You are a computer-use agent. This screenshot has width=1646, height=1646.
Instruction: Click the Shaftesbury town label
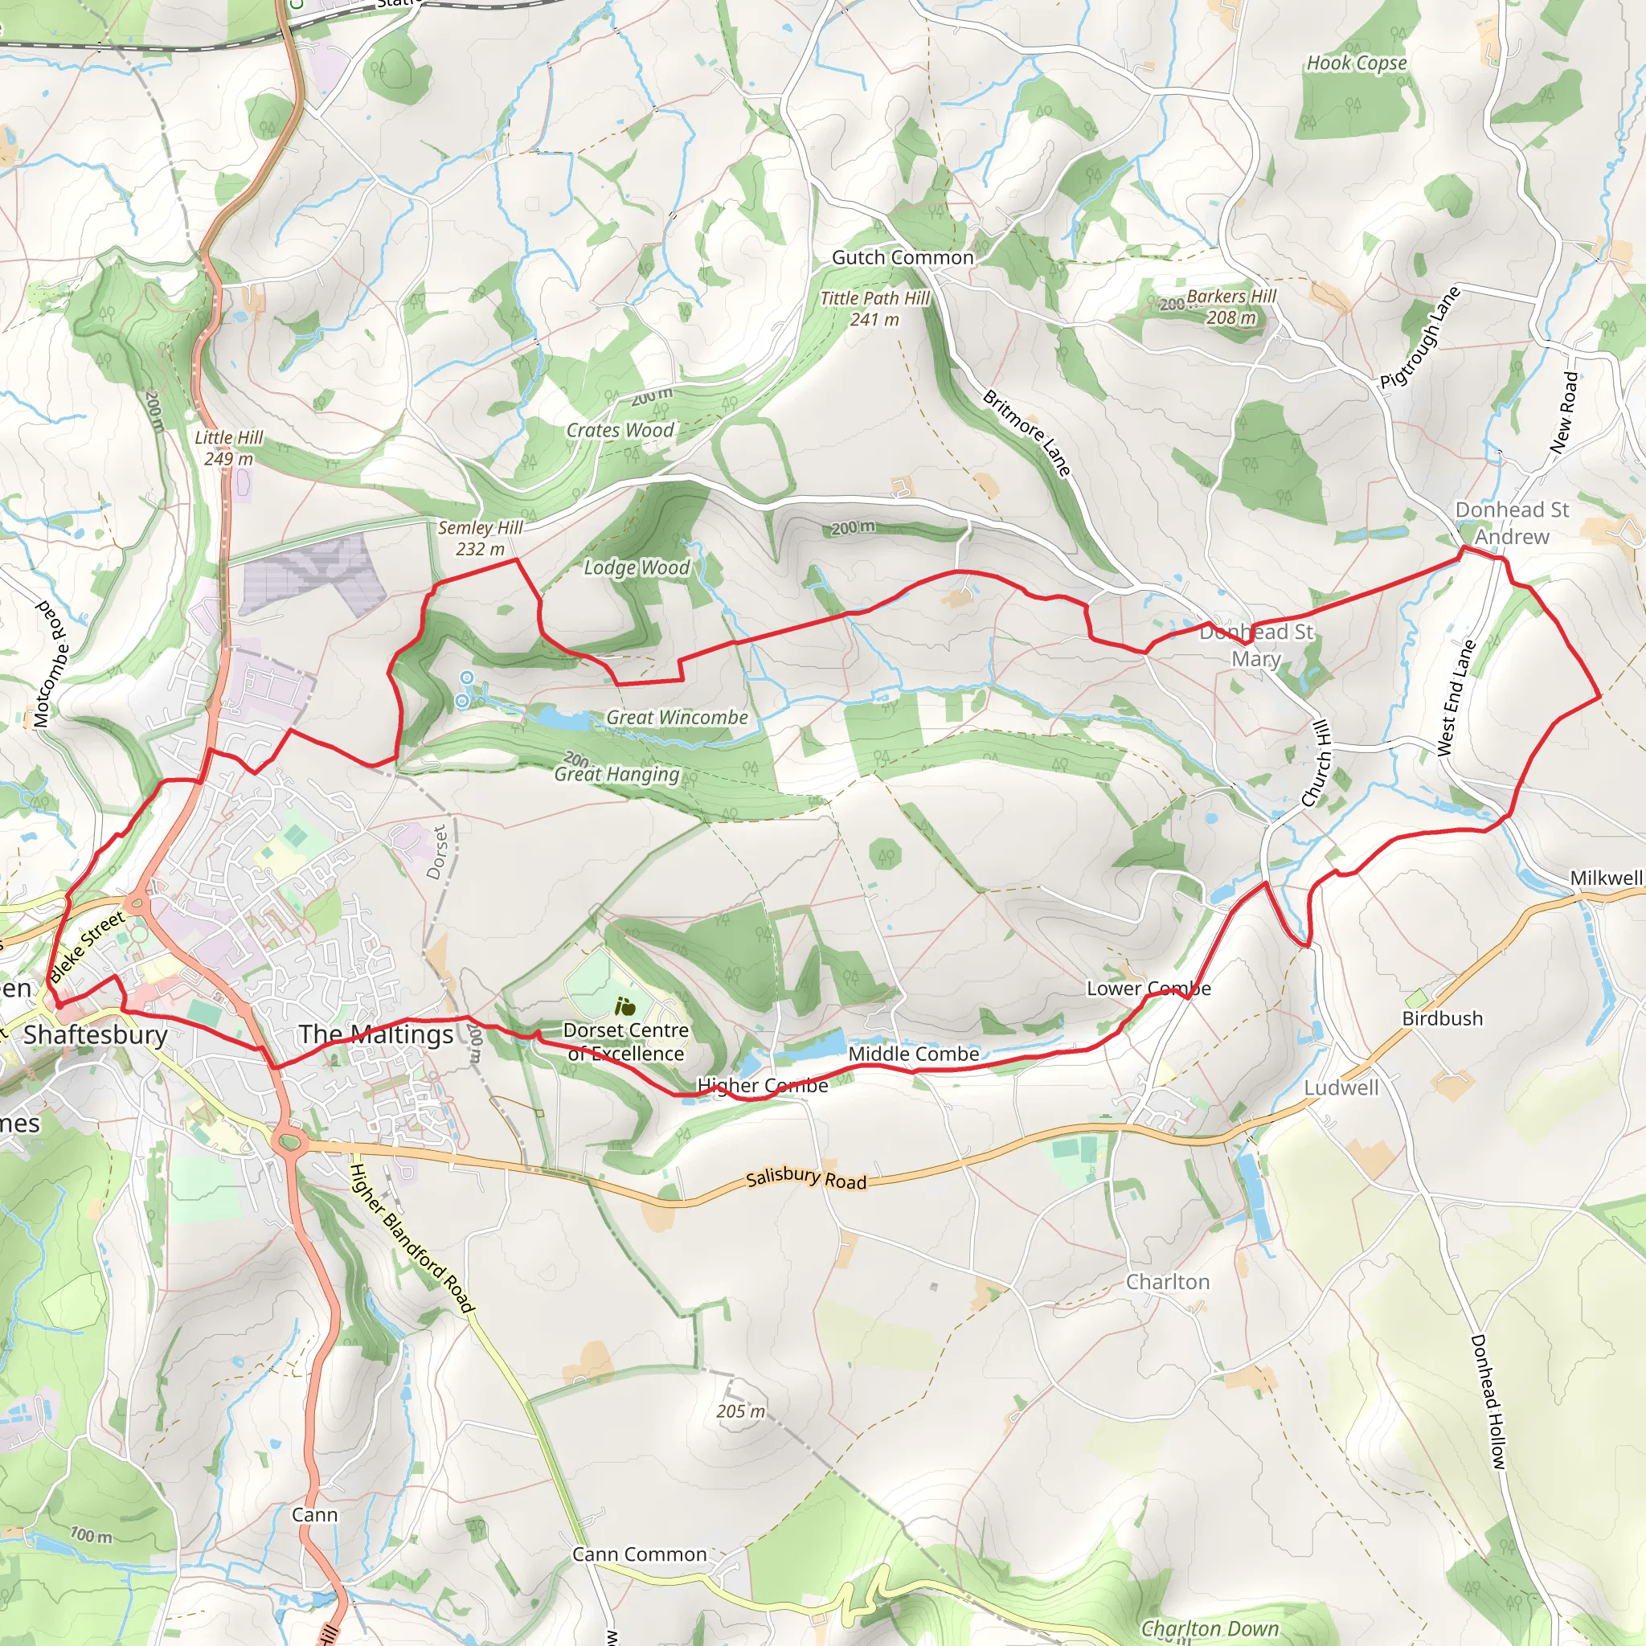pos(96,1035)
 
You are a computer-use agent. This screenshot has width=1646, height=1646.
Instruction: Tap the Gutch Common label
pos(903,257)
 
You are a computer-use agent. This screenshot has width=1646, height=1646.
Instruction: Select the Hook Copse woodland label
pos(1357,63)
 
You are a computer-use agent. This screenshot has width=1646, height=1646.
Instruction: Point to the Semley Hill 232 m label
pos(480,538)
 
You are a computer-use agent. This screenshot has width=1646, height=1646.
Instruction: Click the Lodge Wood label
pos(637,567)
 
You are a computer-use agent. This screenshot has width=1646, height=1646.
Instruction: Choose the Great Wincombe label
pos(677,718)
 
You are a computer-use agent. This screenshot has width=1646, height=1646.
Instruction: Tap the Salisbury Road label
pos(806,1179)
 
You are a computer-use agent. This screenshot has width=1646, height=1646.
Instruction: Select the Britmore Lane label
pos(1026,433)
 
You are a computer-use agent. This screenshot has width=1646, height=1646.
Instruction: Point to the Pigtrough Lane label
pos(1420,338)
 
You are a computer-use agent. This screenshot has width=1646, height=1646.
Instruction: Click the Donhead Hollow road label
pos(1488,1402)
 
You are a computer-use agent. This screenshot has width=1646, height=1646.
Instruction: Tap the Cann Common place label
pos(639,1555)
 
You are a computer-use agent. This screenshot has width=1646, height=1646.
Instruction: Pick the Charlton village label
pos(1167,1282)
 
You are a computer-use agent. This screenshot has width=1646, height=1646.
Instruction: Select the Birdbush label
pos(1443,1019)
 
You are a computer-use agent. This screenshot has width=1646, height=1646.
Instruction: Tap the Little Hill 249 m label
pos(228,448)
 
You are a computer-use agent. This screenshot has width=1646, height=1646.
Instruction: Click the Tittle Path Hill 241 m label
pos(875,309)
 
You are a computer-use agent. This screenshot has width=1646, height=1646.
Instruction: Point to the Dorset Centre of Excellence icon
pos(625,1007)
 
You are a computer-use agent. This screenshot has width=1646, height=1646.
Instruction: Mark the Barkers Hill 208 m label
pos(1231,307)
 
